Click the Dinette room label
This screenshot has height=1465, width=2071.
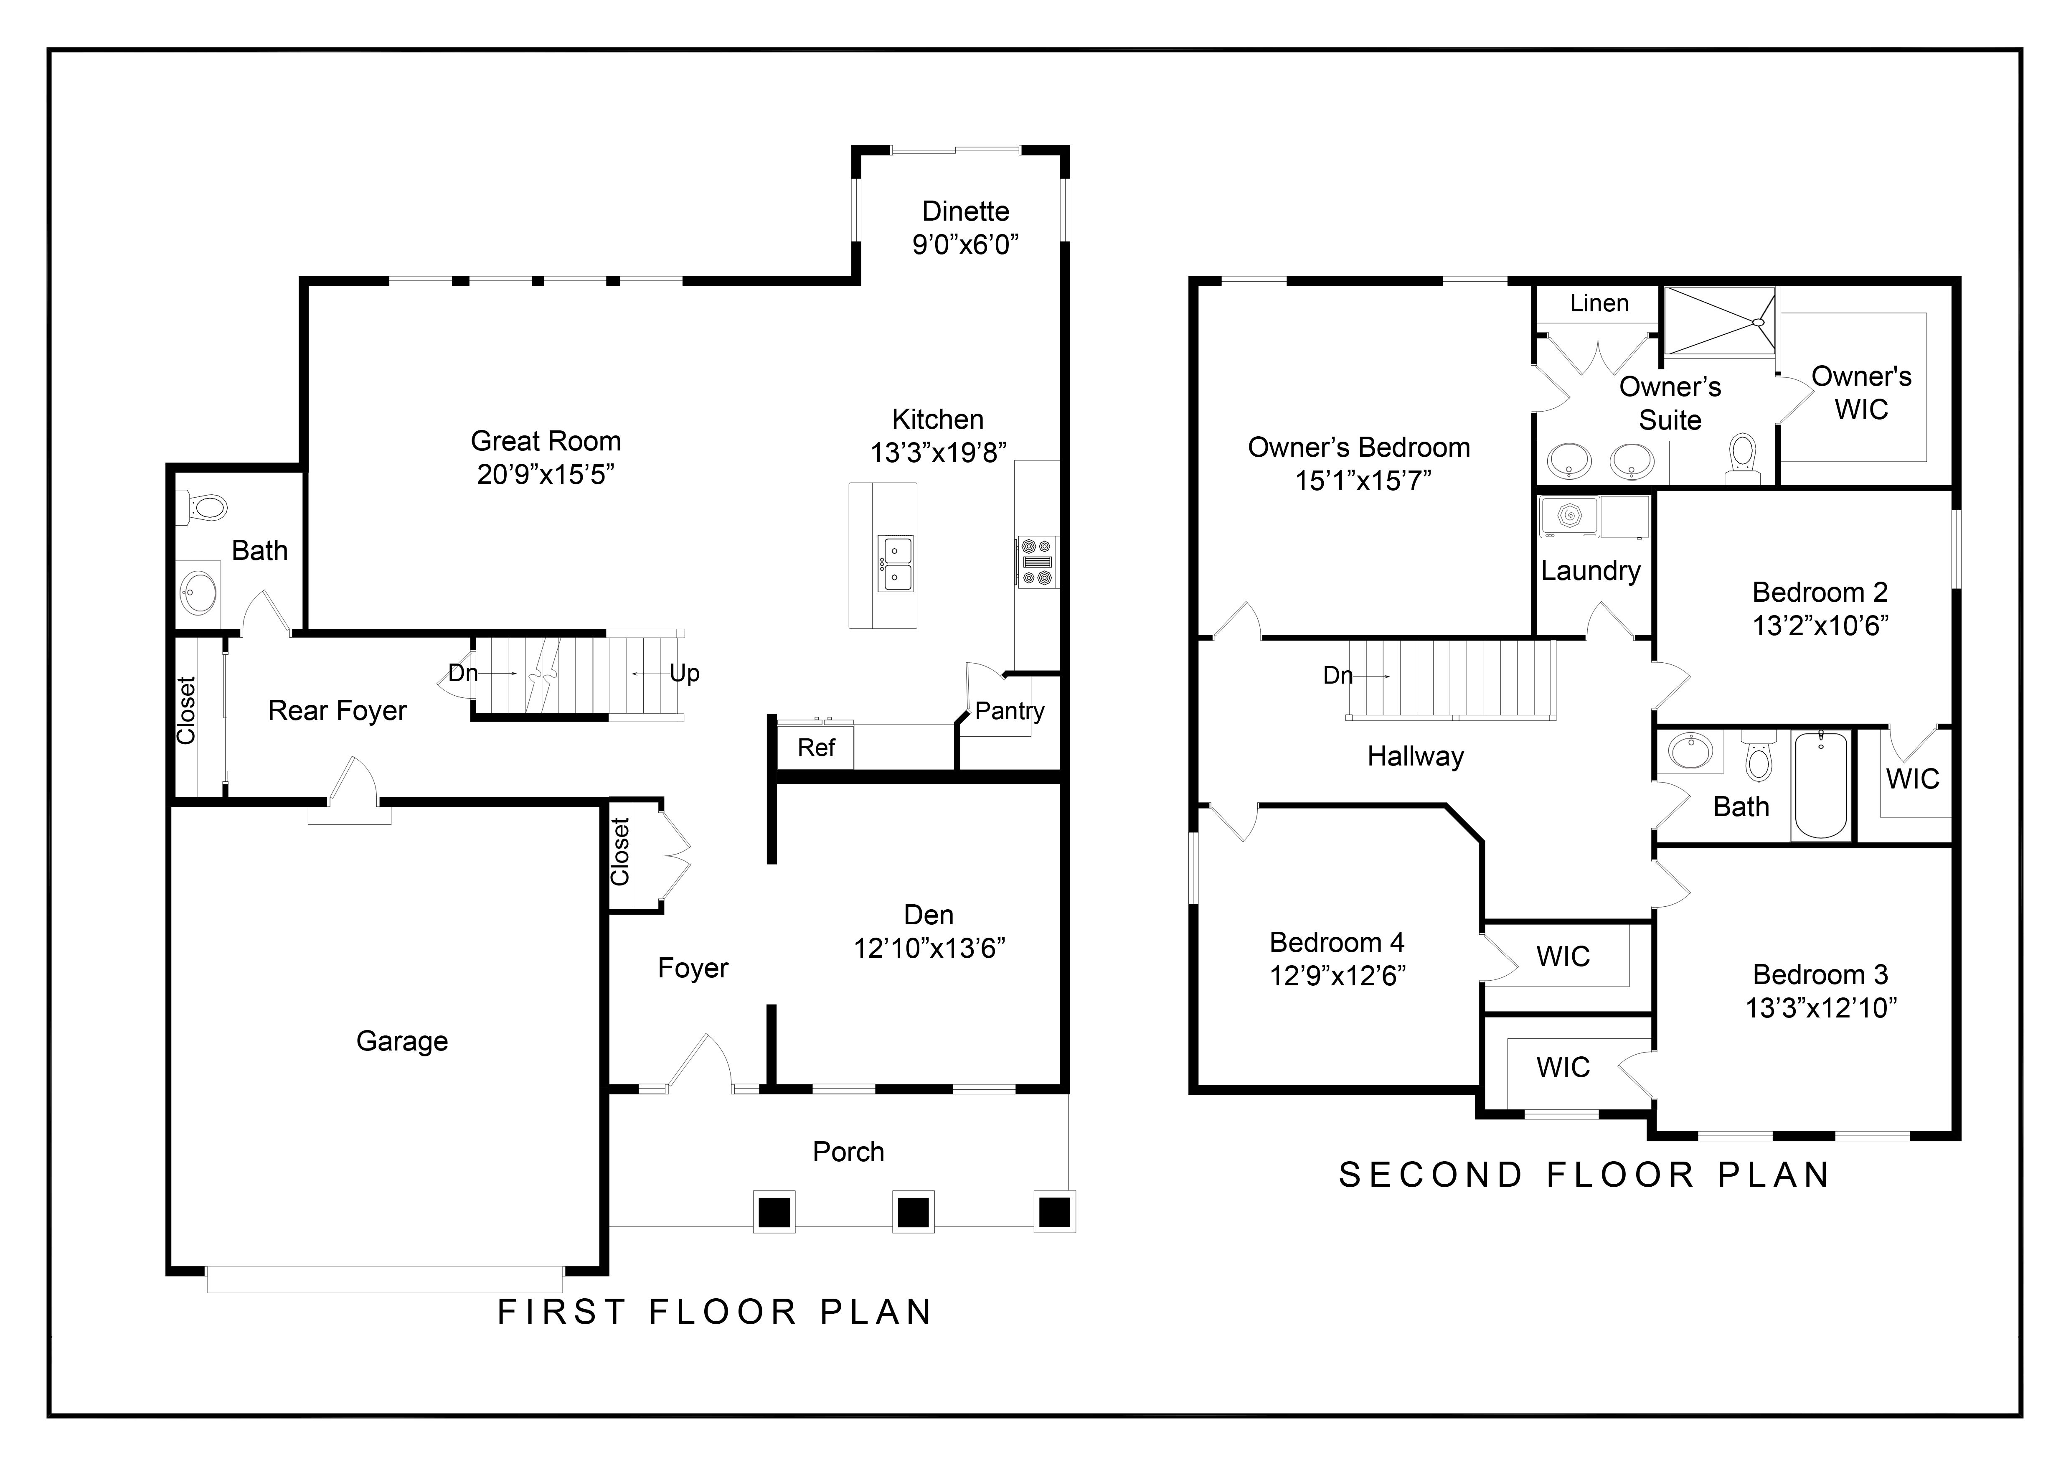point(965,211)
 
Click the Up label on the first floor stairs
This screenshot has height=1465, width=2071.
point(685,673)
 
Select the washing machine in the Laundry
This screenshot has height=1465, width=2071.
point(1569,517)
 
